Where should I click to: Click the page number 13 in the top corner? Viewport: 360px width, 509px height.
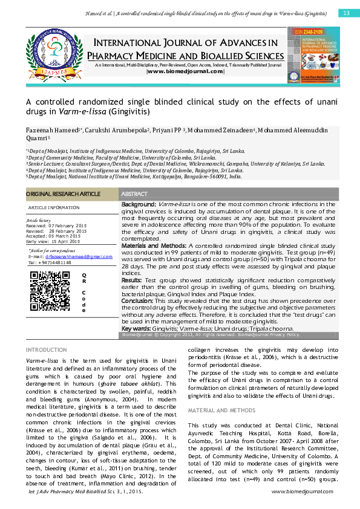tap(347, 13)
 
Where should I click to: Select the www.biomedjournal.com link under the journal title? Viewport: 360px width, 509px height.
tap(185, 72)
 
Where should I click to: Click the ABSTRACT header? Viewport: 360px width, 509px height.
tap(135, 193)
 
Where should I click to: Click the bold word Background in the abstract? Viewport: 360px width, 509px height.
tap(139, 206)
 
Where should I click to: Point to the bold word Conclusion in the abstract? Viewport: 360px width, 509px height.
tap(140, 300)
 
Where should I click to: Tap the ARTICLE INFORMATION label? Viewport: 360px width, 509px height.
tap(54, 207)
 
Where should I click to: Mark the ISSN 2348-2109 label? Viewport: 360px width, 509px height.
tap(310, 31)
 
